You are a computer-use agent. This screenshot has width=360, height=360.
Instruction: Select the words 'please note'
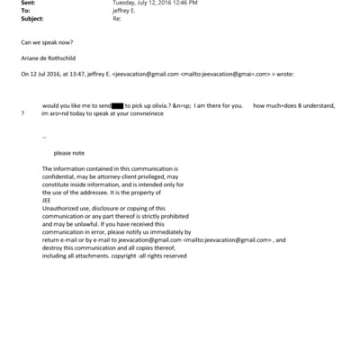point(69,152)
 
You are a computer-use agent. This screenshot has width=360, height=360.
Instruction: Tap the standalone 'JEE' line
point(48,199)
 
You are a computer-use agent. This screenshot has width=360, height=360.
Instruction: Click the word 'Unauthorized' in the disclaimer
point(62,207)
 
